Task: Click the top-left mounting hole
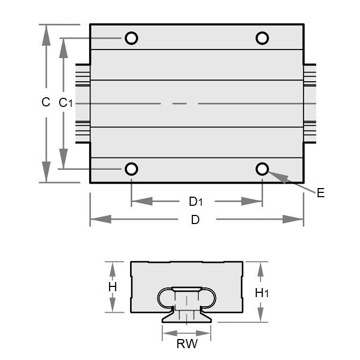(131, 38)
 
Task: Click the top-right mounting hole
(262, 38)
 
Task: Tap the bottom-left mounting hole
(131, 169)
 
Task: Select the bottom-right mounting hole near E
(262, 169)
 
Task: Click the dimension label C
(46, 102)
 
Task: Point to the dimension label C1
(65, 103)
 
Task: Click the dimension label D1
(196, 201)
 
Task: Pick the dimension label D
(195, 220)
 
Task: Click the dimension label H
(112, 287)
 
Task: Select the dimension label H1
(262, 293)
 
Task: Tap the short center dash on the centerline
(179, 103)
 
